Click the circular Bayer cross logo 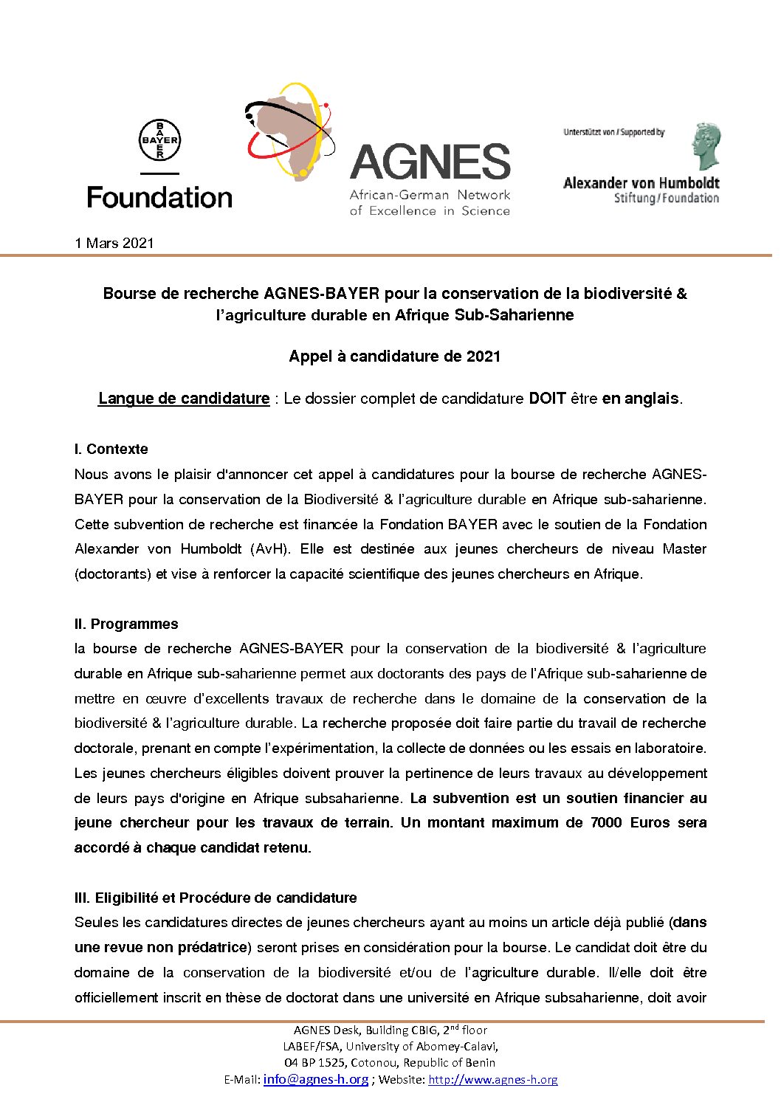pyautogui.click(x=159, y=140)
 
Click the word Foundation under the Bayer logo pyautogui.click(x=159, y=198)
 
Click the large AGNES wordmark pyautogui.click(x=430, y=162)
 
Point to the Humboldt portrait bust pyautogui.click(x=706, y=146)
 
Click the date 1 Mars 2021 pyautogui.click(x=114, y=243)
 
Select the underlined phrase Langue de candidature pyautogui.click(x=184, y=399)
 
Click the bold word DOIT pyautogui.click(x=547, y=399)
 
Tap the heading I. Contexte pyautogui.click(x=111, y=449)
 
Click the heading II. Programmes pyautogui.click(x=126, y=624)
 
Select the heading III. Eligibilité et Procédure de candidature pyautogui.click(x=216, y=898)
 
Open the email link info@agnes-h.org pyautogui.click(x=316, y=1079)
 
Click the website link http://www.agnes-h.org pyautogui.click(x=493, y=1079)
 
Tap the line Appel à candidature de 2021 pyautogui.click(x=395, y=357)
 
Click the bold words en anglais pyautogui.click(x=640, y=399)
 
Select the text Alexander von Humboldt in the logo pyautogui.click(x=641, y=183)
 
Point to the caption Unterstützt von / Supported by pyautogui.click(x=613, y=133)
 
